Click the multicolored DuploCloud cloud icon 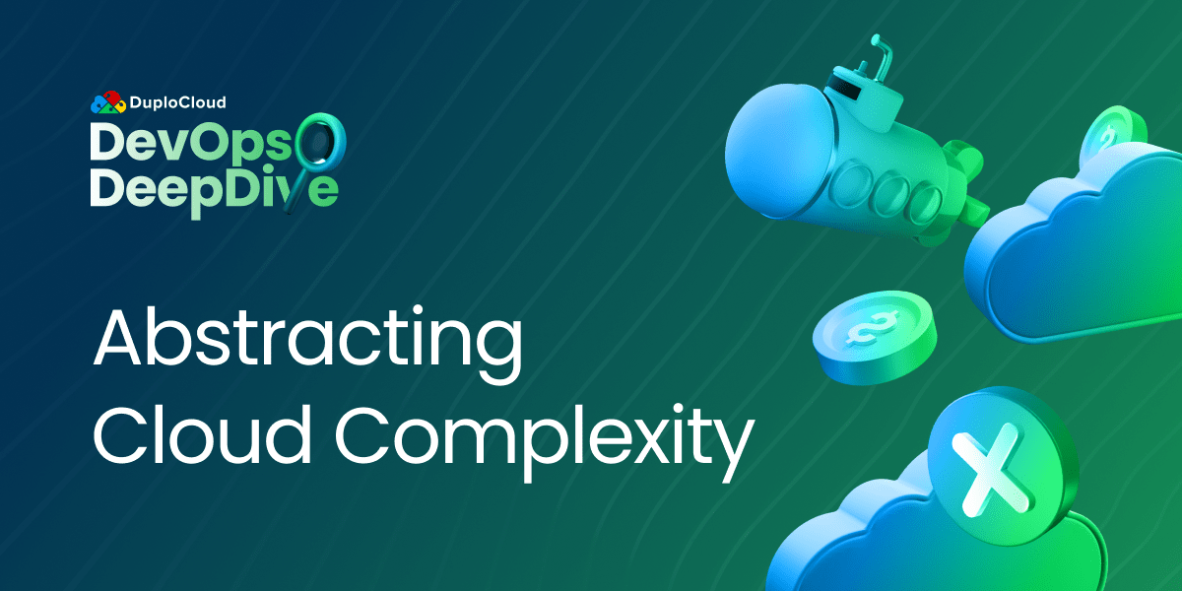click(108, 102)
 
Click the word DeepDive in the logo click(207, 188)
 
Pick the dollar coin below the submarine click(873, 329)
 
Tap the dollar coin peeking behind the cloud click(1112, 138)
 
